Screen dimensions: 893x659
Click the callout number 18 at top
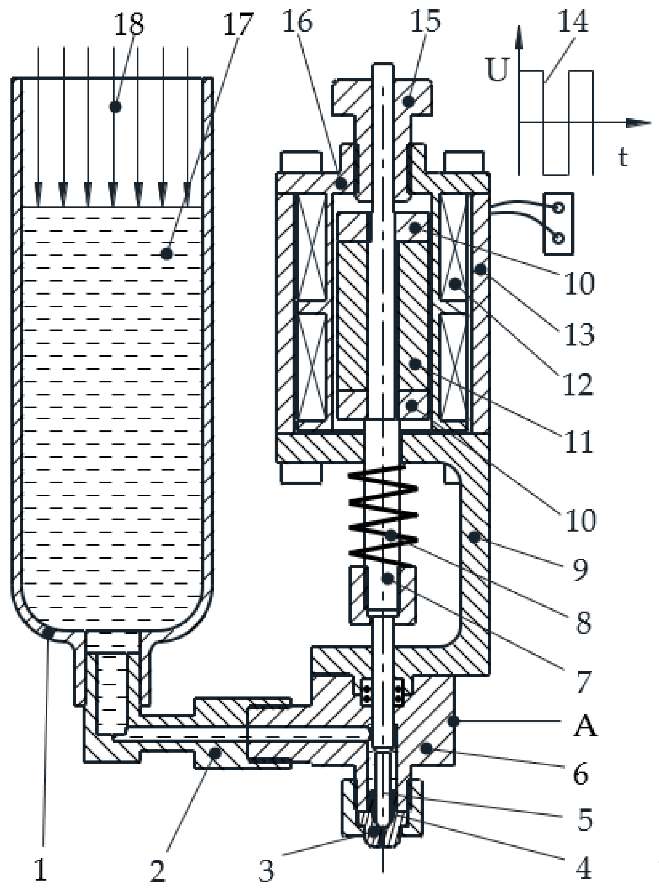(129, 24)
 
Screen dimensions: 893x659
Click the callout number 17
(237, 24)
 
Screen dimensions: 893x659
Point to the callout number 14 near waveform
(573, 21)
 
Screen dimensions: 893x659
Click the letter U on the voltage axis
(498, 70)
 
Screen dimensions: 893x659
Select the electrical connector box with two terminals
(558, 224)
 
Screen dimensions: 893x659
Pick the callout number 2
(157, 870)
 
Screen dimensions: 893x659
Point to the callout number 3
(266, 870)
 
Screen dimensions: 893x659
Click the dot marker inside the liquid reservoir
(166, 254)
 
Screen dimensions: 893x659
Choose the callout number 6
(580, 774)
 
